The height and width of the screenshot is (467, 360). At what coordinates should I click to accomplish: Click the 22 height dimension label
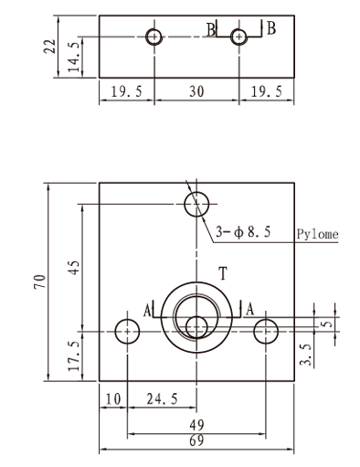(x=50, y=47)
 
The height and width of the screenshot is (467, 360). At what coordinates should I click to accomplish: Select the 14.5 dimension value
(x=74, y=58)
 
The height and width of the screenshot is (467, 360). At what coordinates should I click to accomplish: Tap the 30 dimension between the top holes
(x=196, y=91)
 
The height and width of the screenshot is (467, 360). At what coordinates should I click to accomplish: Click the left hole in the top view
(x=154, y=37)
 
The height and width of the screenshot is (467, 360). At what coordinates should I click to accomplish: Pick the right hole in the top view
(x=239, y=37)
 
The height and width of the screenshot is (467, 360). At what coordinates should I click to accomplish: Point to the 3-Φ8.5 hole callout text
(x=243, y=232)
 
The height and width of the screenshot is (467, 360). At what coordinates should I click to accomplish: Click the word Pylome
(x=318, y=234)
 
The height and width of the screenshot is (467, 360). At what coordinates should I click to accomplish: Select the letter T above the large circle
(x=223, y=273)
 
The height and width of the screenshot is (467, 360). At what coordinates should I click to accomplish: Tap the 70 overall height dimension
(x=40, y=281)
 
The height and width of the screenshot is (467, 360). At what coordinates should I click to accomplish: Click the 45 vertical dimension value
(x=74, y=268)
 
